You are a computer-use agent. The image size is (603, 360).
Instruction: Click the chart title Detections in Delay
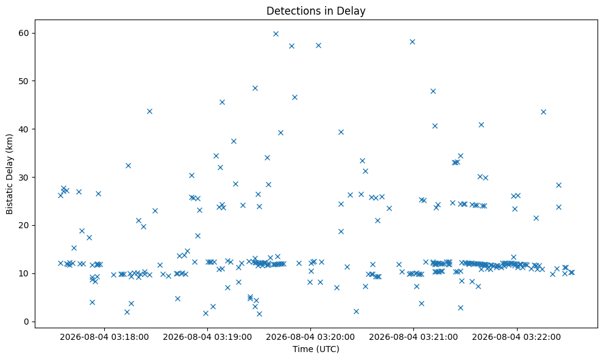pos(316,11)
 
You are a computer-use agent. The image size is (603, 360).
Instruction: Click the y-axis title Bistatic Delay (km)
pos(9,174)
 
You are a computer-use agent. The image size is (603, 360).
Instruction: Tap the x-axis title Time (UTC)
pos(316,349)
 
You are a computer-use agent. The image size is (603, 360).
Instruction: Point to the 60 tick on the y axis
pos(24,33)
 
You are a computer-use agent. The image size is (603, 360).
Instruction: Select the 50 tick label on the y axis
pos(24,81)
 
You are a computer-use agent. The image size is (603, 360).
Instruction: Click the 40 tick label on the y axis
pos(24,129)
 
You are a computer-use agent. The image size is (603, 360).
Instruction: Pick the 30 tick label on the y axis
pos(24,178)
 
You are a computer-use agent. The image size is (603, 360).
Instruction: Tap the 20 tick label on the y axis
pos(24,226)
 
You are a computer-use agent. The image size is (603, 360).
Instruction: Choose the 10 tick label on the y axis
pos(24,274)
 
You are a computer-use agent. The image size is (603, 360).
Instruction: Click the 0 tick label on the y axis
pos(27,322)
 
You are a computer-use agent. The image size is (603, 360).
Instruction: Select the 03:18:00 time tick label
pos(104,337)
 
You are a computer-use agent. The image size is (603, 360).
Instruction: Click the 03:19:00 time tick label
pos(207,337)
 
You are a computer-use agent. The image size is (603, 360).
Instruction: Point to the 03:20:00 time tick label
pos(310,337)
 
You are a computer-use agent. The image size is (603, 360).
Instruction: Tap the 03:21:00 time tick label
pos(413,337)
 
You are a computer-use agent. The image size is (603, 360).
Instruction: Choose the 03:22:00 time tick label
pos(516,337)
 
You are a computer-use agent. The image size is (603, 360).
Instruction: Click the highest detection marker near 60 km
pos(276,34)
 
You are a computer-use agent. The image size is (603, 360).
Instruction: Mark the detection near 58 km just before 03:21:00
pos(412,41)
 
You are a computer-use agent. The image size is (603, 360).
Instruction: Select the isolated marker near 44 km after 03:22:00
pos(543,112)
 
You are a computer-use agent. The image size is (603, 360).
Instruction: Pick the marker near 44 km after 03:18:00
pos(149,111)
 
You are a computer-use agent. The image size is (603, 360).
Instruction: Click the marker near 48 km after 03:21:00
pos(433,92)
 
